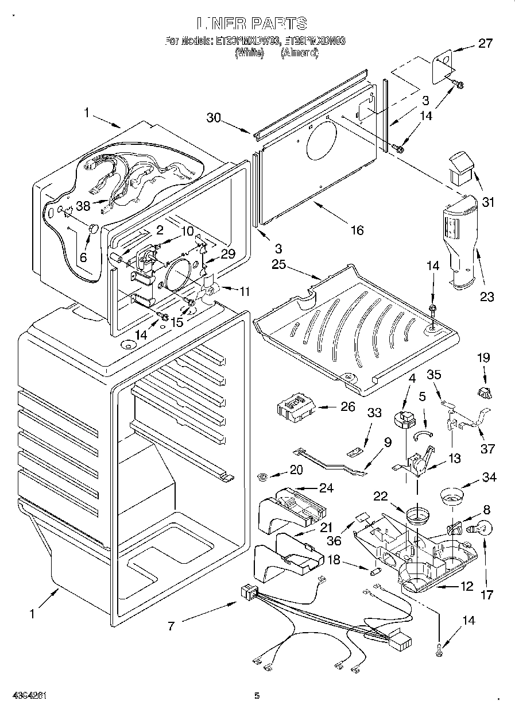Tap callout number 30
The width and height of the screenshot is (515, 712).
pyautogui.click(x=214, y=117)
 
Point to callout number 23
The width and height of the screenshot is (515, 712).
pyautogui.click(x=487, y=297)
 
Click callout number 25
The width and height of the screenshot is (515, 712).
pyautogui.click(x=278, y=264)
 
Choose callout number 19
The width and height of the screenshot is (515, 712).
pyautogui.click(x=483, y=357)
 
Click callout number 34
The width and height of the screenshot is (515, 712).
pyautogui.click(x=489, y=477)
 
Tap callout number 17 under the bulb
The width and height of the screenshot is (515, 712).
pyautogui.click(x=486, y=595)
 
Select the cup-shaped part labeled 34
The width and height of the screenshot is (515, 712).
pyautogui.click(x=453, y=495)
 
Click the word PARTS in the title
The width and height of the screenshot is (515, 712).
pyautogui.click(x=277, y=24)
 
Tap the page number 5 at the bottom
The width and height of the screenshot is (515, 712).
pyautogui.click(x=257, y=696)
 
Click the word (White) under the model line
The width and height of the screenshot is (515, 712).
pyautogui.click(x=249, y=53)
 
